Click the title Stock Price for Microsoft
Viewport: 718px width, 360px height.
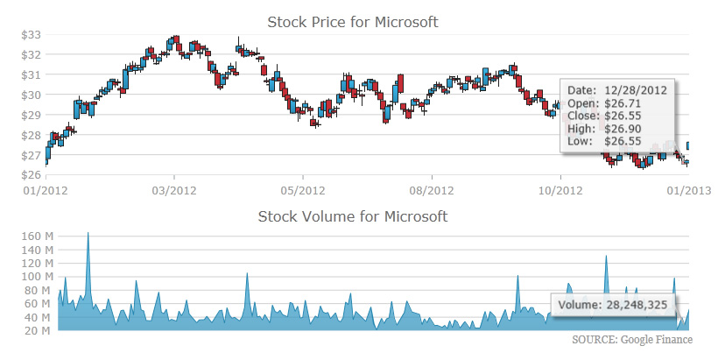click(352, 21)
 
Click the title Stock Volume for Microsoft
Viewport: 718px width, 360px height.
click(352, 215)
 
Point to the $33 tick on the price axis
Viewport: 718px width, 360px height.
click(32, 34)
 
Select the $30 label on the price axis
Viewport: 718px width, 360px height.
click(32, 95)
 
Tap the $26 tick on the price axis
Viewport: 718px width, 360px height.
click(32, 175)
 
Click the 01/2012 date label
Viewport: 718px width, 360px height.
click(46, 189)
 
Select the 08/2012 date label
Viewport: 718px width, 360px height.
click(431, 189)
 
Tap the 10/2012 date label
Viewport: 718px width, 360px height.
click(560, 189)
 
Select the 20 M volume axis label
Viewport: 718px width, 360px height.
click(38, 330)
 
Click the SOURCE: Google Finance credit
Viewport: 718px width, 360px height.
click(631, 340)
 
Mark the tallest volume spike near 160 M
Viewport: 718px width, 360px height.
click(88, 235)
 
